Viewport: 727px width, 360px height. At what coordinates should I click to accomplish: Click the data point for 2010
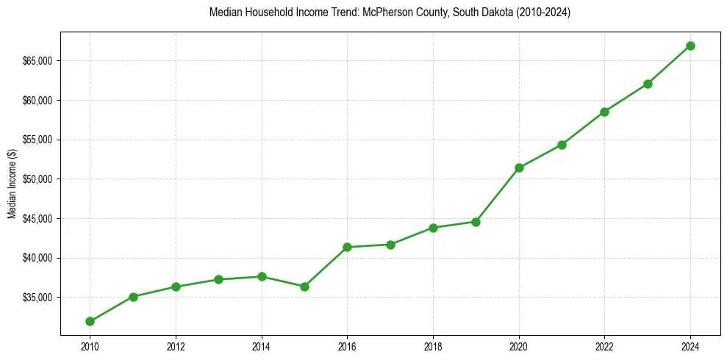click(x=90, y=321)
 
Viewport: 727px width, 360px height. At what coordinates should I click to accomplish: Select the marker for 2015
click(x=304, y=287)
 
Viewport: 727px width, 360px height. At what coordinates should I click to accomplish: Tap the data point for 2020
click(x=519, y=168)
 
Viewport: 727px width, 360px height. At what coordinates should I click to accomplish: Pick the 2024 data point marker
click(x=690, y=46)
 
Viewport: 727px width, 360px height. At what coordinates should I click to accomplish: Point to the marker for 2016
click(x=347, y=247)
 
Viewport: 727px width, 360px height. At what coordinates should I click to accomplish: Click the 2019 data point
click(x=476, y=222)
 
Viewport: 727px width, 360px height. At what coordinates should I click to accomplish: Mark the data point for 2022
click(x=604, y=112)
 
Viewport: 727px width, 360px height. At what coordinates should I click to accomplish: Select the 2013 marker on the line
click(x=218, y=279)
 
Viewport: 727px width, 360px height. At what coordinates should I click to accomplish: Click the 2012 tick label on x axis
click(x=176, y=346)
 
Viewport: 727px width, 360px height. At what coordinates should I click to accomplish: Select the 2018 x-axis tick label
click(x=433, y=346)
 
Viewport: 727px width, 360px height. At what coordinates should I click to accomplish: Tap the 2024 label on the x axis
click(x=690, y=346)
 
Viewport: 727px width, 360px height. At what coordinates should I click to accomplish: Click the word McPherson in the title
click(x=383, y=13)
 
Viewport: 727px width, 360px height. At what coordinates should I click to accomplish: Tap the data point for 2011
click(x=133, y=297)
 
